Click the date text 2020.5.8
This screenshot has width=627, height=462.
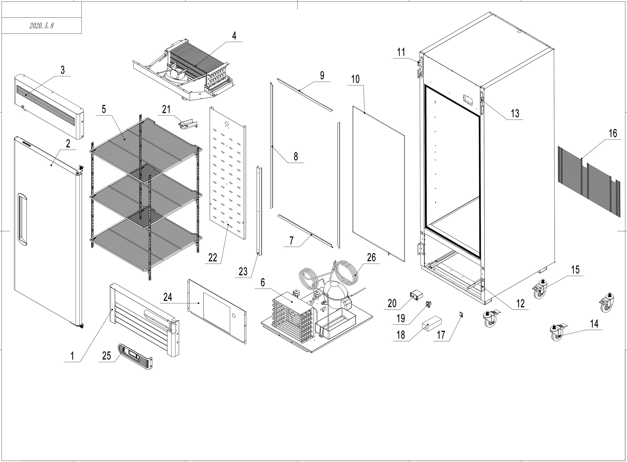[41, 26]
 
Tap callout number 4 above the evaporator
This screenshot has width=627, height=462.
[234, 36]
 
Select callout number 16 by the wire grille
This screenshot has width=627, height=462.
[612, 133]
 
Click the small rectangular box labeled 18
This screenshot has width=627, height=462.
[431, 324]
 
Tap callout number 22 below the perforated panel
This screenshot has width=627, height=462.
[213, 258]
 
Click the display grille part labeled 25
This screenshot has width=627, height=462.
[136, 357]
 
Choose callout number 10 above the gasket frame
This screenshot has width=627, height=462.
[355, 79]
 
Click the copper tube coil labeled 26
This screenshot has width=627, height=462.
[346, 272]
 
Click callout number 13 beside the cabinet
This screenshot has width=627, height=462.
[515, 113]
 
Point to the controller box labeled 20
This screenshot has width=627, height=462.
[416, 295]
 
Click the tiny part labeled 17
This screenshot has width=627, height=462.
[462, 315]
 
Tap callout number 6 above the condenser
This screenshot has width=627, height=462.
[262, 282]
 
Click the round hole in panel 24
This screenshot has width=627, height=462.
[234, 316]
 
